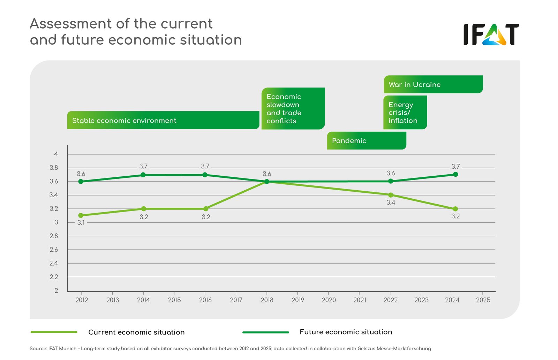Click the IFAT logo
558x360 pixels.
coord(491,35)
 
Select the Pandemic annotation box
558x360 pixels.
coord(367,141)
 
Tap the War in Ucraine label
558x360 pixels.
coord(433,84)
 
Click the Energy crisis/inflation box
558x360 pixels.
coord(405,113)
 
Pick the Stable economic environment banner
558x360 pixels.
coord(163,120)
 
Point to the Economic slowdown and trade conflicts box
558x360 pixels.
coord(293,108)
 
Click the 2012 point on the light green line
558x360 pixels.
coord(81,215)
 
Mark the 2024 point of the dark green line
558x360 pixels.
coord(455,174)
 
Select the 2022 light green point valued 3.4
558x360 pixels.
coord(391,195)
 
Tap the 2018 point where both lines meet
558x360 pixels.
coord(267,182)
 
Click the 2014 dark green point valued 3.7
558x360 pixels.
coord(143,175)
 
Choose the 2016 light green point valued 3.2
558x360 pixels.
coord(205,209)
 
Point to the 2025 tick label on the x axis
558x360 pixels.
coord(483,300)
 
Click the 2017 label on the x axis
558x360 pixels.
coord(236,300)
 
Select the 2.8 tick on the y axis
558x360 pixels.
coord(54,236)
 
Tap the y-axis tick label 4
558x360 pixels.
coord(56,154)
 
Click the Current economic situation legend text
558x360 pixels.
coord(136,332)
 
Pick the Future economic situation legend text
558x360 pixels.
coord(346,332)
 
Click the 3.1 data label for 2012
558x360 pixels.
coord(81,223)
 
